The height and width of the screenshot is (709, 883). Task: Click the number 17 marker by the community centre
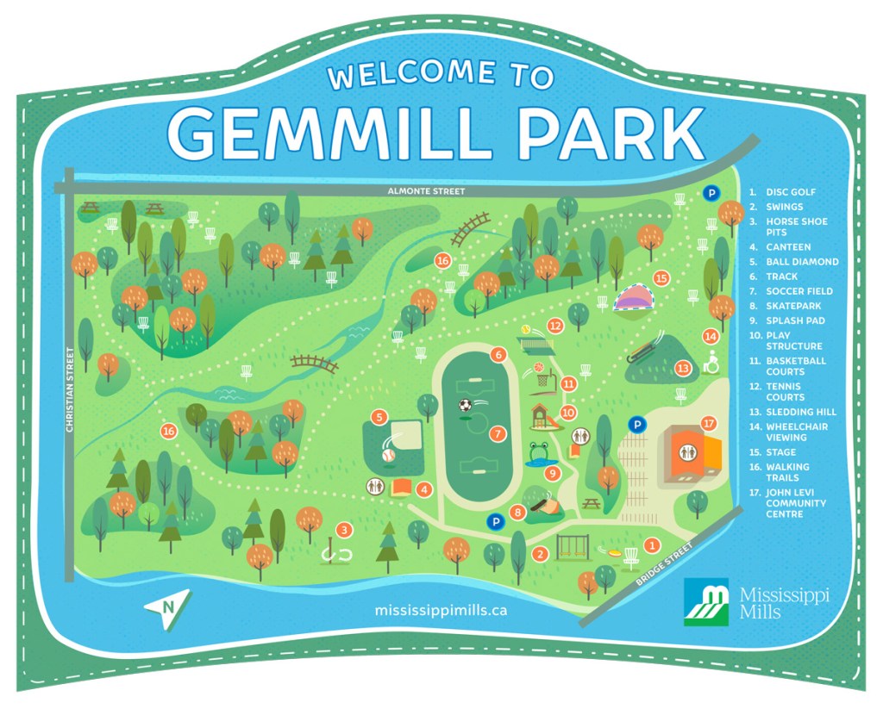point(709,424)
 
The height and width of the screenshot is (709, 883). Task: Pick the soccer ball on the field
point(466,404)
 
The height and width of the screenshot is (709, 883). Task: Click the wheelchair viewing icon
point(712,364)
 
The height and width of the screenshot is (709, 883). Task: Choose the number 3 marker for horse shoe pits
point(344,531)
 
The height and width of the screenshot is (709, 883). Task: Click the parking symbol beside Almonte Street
point(712,194)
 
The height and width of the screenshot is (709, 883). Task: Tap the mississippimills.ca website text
point(441,610)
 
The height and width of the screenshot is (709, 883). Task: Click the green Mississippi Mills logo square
point(707,601)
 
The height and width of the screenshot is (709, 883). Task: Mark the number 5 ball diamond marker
point(378,417)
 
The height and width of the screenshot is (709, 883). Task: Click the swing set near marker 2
point(573,545)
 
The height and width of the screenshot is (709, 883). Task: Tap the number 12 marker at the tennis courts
point(555,326)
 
